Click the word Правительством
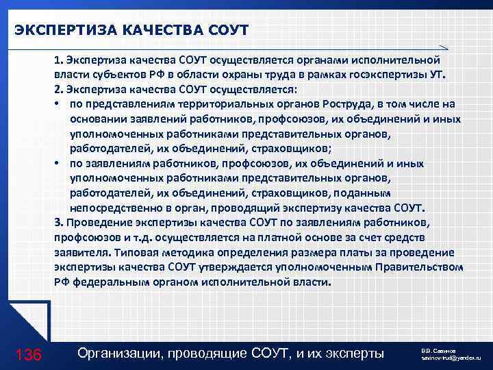point(424,266)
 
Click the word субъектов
point(112,75)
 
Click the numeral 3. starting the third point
point(58,222)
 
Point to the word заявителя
point(78,251)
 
